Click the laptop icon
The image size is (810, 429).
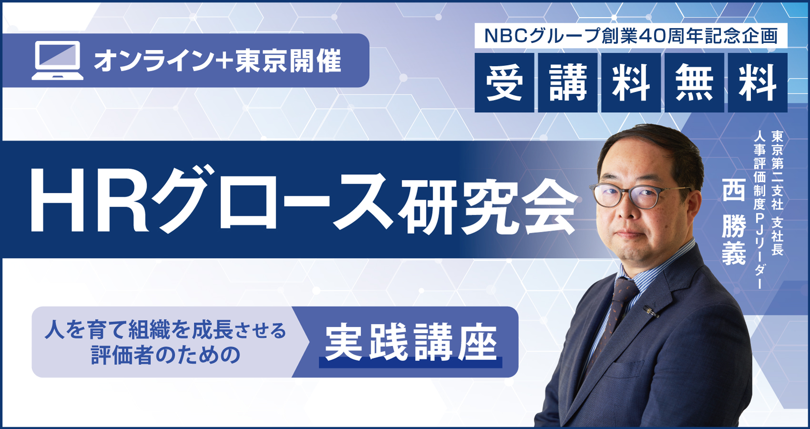pyautogui.click(x=58, y=60)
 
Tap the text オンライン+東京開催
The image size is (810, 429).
pyautogui.click(x=218, y=61)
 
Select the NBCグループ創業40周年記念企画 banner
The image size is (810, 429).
pyautogui.click(x=631, y=36)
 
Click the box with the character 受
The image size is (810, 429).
pyautogui.click(x=505, y=82)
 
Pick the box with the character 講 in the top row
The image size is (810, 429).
pyautogui.click(x=568, y=82)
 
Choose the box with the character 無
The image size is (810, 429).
pyautogui.click(x=694, y=82)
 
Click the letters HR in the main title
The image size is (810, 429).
pyautogui.click(x=89, y=205)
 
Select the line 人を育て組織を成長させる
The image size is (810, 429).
pyautogui.click(x=165, y=331)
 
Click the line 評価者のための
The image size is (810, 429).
pyautogui.click(x=166, y=355)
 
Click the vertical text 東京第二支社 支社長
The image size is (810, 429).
pyautogui.click(x=777, y=193)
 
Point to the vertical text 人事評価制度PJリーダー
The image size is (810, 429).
pyautogui.click(x=759, y=210)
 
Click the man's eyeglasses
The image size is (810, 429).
pyautogui.click(x=637, y=195)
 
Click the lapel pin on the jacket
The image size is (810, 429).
pyautogui.click(x=650, y=311)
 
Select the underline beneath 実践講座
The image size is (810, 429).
pyautogui.click(x=410, y=363)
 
